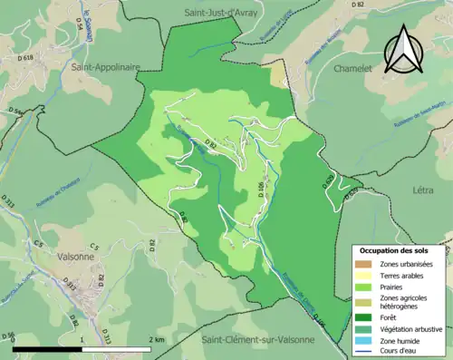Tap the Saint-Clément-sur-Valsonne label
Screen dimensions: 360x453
coord(257,339)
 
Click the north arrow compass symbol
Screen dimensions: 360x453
coord(400,49)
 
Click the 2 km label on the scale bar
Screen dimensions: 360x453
coord(156,339)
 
